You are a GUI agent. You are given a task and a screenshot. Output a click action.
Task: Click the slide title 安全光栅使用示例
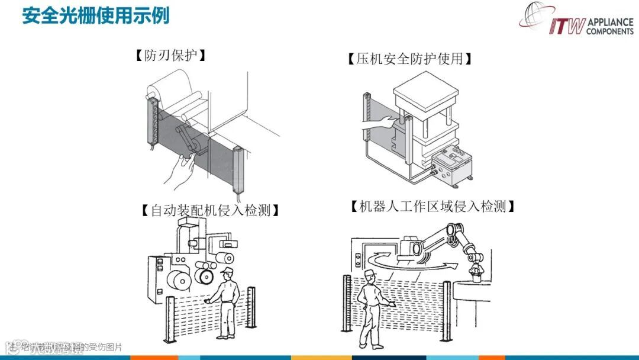96,15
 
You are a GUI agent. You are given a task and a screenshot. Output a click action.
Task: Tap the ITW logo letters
566,27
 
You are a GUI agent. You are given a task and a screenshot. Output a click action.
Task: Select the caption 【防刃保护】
170,56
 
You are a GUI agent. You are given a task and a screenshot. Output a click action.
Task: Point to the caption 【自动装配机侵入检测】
210,210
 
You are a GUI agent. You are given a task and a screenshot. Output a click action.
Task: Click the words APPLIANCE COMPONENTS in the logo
609,27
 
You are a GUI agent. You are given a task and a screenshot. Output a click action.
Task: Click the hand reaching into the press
379,123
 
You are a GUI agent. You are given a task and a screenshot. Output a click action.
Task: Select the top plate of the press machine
427,88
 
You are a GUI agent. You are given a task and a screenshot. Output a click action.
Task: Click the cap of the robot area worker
369,274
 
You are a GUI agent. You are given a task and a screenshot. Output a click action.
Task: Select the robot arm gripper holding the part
475,272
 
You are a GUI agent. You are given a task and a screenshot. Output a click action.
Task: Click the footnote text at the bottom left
65,347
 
